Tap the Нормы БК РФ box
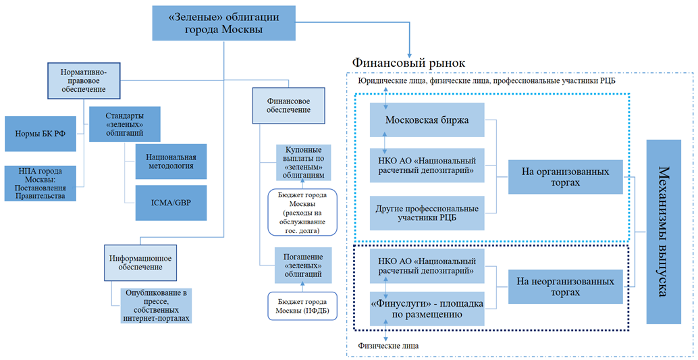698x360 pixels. (41, 134)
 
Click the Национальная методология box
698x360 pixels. (170, 160)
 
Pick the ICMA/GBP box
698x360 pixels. (170, 202)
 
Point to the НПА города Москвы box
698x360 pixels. (39, 182)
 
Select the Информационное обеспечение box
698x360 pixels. (140, 262)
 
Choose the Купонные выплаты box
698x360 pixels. (303, 163)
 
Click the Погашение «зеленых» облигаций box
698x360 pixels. (303, 264)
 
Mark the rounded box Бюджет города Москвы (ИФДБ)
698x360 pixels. (302, 305)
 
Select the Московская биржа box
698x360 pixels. (428, 120)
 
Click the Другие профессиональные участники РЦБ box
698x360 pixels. (428, 213)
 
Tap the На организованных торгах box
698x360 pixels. (565, 177)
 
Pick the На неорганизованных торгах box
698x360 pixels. (565, 286)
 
